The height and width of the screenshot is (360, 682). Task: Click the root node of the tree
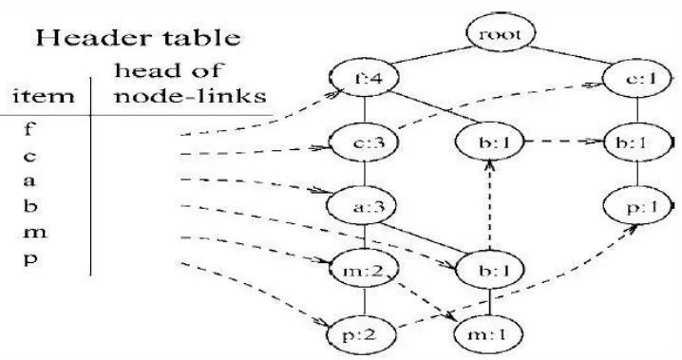pos(501,33)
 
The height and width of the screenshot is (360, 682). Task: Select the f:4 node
pos(364,79)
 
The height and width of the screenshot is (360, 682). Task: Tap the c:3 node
pos(364,142)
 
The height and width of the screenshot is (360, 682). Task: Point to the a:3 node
pos(362,206)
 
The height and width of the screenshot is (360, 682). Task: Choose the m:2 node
pos(364,270)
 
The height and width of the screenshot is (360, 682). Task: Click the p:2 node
pos(363,335)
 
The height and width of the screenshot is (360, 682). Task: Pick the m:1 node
pos(488,334)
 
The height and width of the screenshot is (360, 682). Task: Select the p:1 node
pos(637,206)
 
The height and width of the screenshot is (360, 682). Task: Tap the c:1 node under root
pos(637,79)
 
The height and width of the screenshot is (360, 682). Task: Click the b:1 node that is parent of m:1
pos(490,270)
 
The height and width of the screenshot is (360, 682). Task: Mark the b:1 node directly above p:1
pos(639,142)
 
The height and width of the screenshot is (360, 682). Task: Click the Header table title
pos(138,37)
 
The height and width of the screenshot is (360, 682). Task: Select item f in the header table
pos(28,128)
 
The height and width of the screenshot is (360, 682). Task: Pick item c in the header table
pos(29,156)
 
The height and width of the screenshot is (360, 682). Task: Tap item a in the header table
pos(29,180)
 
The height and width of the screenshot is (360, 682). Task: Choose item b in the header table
pos(29,205)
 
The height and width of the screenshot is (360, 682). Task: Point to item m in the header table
pos(35,232)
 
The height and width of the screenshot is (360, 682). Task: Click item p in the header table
pos(30,259)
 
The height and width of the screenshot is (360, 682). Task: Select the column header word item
pos(44,96)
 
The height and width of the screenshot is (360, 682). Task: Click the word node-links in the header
pos(190,96)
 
